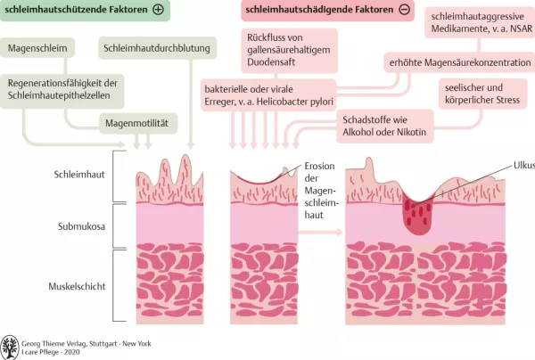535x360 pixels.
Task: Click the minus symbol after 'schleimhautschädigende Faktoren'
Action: pyautogui.click(x=405, y=11)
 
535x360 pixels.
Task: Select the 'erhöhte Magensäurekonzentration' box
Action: pyautogui.click(x=457, y=63)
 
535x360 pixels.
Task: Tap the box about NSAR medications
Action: pyautogui.click(x=481, y=25)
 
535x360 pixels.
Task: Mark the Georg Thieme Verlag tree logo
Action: pyautogui.click(x=11, y=347)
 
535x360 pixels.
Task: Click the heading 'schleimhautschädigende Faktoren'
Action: pyautogui.click(x=317, y=11)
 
